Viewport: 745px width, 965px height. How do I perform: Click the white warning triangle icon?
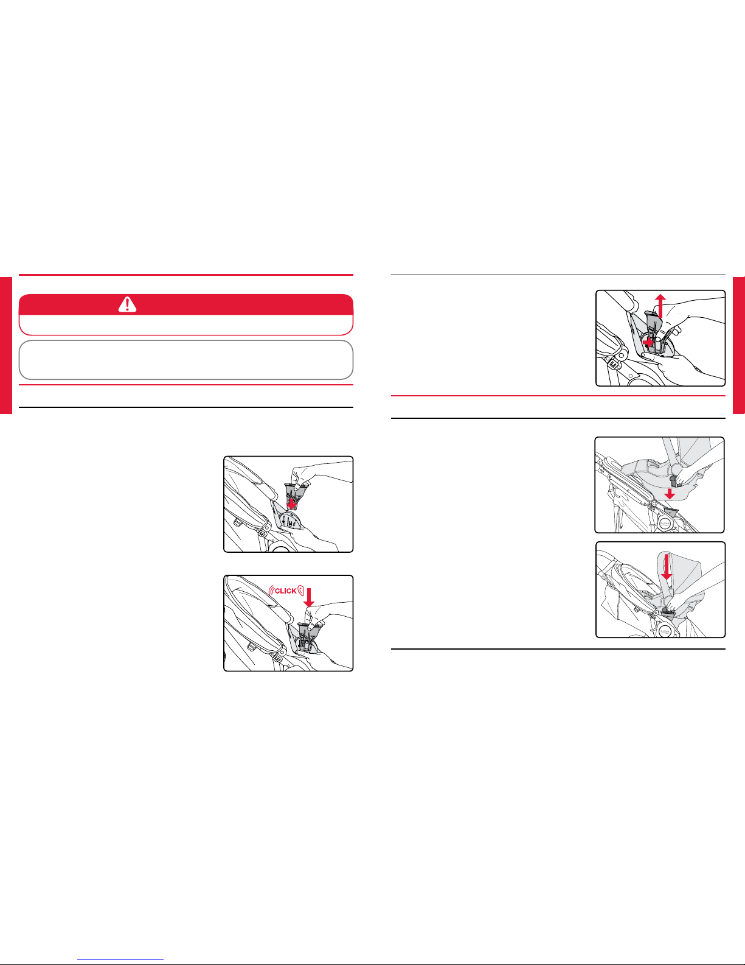127,304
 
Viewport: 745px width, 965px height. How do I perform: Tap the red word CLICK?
286,591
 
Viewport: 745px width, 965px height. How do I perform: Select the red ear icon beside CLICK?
300,590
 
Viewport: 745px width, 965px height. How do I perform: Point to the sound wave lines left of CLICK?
271,591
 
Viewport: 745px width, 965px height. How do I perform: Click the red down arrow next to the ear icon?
309,597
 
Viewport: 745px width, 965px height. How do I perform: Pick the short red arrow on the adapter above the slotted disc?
291,504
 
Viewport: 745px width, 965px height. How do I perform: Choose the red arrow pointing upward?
660,306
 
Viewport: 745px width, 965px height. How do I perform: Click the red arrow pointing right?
648,342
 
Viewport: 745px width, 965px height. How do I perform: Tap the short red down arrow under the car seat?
670,494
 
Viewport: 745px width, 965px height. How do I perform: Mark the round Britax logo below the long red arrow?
665,630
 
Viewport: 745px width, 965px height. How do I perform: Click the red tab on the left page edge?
5,345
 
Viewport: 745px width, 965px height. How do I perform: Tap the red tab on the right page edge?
739,345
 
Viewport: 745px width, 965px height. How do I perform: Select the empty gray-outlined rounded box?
186,360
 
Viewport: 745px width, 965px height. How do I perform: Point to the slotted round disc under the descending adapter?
291,519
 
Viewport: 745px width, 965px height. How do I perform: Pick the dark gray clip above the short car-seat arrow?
674,480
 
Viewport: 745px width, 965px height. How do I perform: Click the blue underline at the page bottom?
120,960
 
